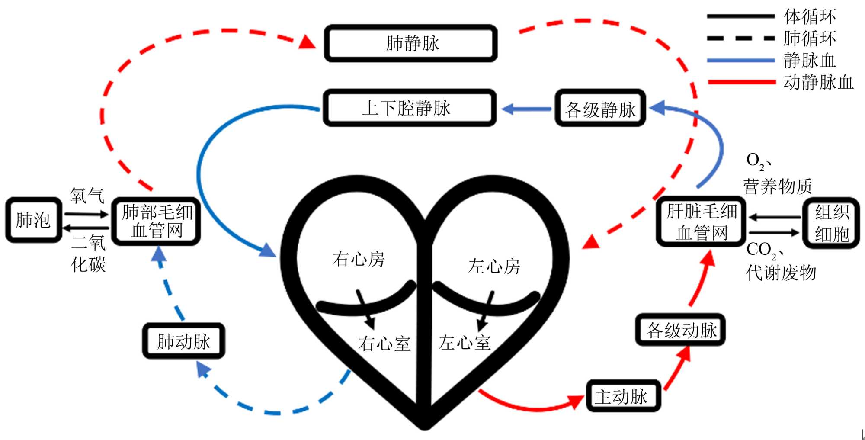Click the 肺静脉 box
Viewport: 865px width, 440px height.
pos(411,43)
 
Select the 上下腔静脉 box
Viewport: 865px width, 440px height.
pos(409,108)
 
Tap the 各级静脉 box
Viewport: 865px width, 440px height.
pos(600,109)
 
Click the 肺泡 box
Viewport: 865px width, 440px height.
pos(33,220)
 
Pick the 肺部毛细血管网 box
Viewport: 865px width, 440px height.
pos(156,221)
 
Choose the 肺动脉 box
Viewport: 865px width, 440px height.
pos(184,341)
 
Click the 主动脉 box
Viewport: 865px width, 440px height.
pos(623,396)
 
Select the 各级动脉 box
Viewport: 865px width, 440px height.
pos(680,330)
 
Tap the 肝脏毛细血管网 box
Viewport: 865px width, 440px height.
pos(701,222)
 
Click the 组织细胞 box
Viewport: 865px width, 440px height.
pos(831,223)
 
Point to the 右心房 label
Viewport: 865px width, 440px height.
pos(358,259)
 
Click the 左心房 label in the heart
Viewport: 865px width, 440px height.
pos(494,267)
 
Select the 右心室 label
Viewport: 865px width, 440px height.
pos(384,344)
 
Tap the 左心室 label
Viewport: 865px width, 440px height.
pos(465,343)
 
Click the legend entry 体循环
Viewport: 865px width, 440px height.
pos(809,16)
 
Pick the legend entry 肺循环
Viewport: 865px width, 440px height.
pos(809,39)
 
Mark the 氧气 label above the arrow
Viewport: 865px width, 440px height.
pos(87,196)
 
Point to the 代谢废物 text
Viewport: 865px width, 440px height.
pos(781,273)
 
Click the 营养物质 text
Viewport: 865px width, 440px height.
pos(777,186)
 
